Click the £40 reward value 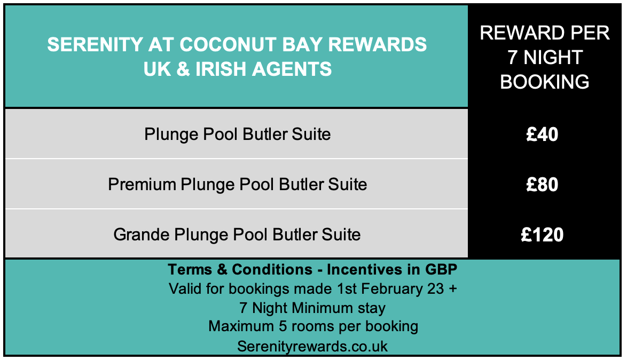click(x=542, y=135)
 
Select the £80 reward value click(x=542, y=184)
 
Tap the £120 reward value click(x=542, y=234)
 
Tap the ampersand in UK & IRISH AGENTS click(x=183, y=69)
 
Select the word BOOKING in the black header click(x=545, y=82)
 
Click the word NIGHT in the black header click(x=553, y=57)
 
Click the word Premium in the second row click(x=142, y=184)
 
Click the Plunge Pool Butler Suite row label click(x=238, y=135)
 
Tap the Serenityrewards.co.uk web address click(x=312, y=346)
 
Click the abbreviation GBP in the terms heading click(x=441, y=270)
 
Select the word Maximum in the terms click(x=241, y=326)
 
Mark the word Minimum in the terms click(x=322, y=308)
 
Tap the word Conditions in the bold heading click(x=272, y=270)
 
